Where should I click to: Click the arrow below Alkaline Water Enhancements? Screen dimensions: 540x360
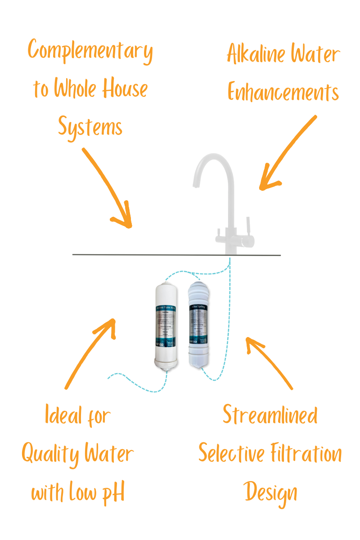[x=288, y=153]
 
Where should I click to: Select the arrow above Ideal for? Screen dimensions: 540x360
[x=90, y=353]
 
